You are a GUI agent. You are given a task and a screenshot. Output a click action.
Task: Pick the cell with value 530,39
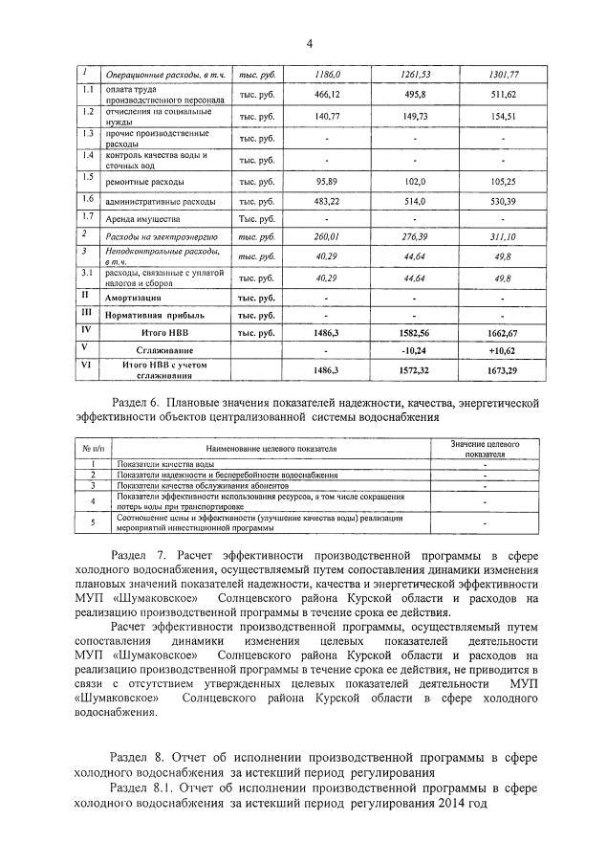502,202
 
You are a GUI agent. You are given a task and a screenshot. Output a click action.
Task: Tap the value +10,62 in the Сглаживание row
502,350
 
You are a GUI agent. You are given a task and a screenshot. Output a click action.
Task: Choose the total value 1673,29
502,369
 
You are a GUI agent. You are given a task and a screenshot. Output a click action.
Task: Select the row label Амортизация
142,298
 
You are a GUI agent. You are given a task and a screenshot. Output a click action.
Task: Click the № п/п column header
93,449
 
